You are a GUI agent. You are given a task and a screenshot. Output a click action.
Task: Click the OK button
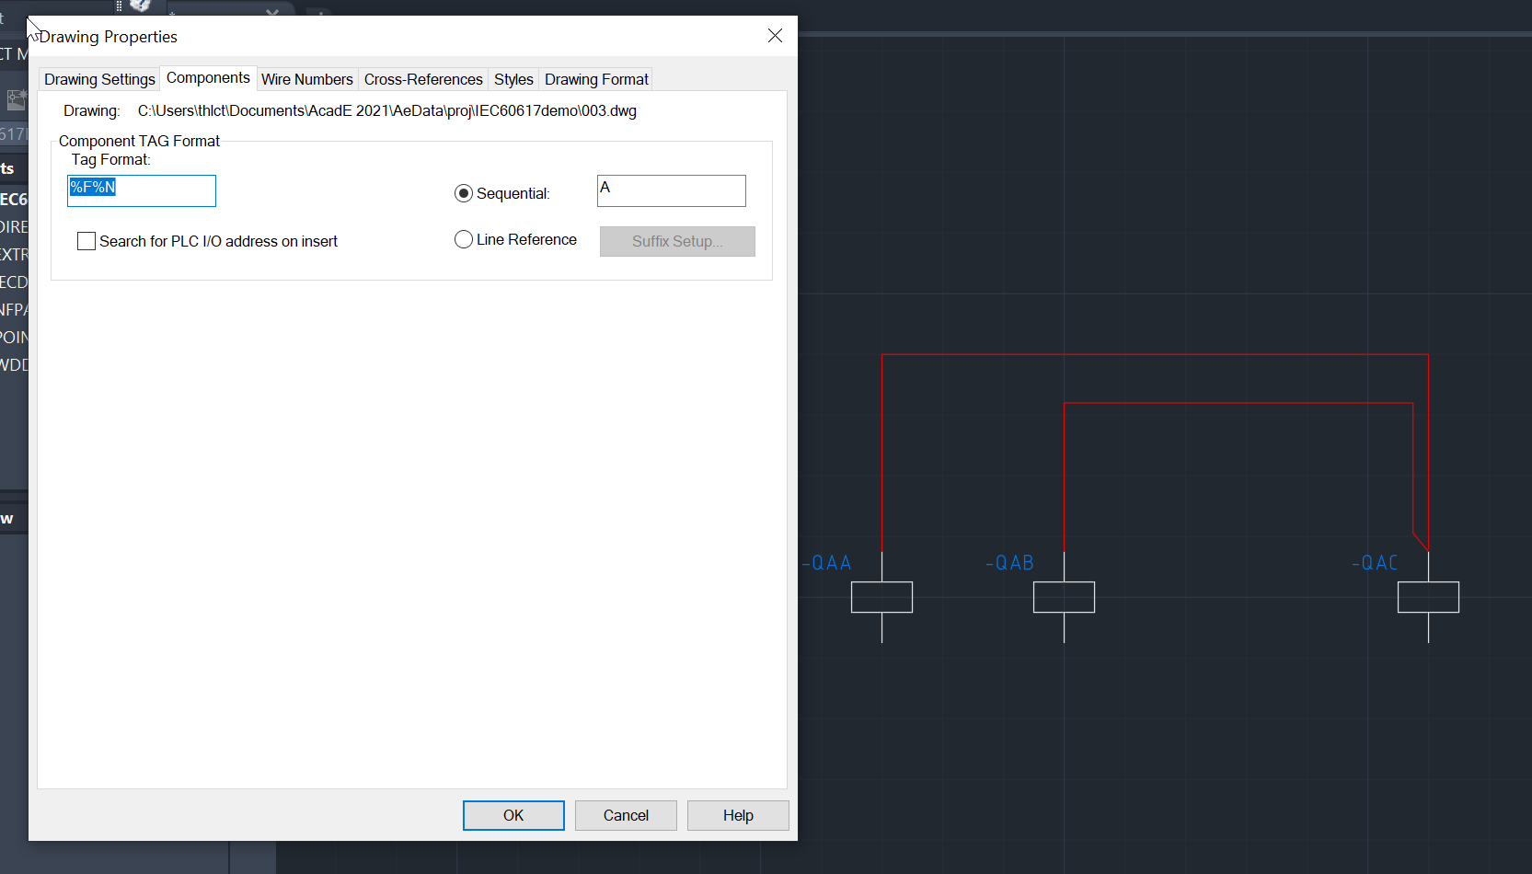click(513, 815)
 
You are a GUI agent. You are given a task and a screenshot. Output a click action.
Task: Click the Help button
click(737, 815)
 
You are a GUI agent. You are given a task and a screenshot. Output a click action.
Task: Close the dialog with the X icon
click(775, 36)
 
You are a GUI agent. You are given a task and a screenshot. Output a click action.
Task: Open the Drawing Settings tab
click(99, 79)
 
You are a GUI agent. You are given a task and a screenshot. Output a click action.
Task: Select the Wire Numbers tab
click(306, 79)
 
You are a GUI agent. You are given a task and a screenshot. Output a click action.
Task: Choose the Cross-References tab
click(423, 79)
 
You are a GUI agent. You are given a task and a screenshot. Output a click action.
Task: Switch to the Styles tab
click(513, 79)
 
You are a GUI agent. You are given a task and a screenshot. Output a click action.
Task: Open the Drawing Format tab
click(596, 79)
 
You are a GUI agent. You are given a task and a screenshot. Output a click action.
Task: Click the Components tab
click(208, 78)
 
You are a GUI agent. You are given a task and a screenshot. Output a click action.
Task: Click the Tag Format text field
click(142, 190)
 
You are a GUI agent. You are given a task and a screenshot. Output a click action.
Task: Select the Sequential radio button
click(464, 193)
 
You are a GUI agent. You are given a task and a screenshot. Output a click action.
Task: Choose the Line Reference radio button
click(464, 239)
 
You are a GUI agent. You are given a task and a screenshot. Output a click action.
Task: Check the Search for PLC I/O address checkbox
click(86, 241)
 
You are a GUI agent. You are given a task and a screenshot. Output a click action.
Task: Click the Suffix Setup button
click(677, 241)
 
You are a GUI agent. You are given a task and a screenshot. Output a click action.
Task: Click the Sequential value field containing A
click(671, 190)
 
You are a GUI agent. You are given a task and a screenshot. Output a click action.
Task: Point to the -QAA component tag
click(827, 563)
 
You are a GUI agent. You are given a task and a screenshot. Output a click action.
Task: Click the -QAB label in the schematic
click(1010, 563)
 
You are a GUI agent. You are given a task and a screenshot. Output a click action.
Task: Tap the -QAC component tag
click(1376, 563)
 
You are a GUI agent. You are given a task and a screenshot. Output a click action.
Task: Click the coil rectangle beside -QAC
click(1428, 597)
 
